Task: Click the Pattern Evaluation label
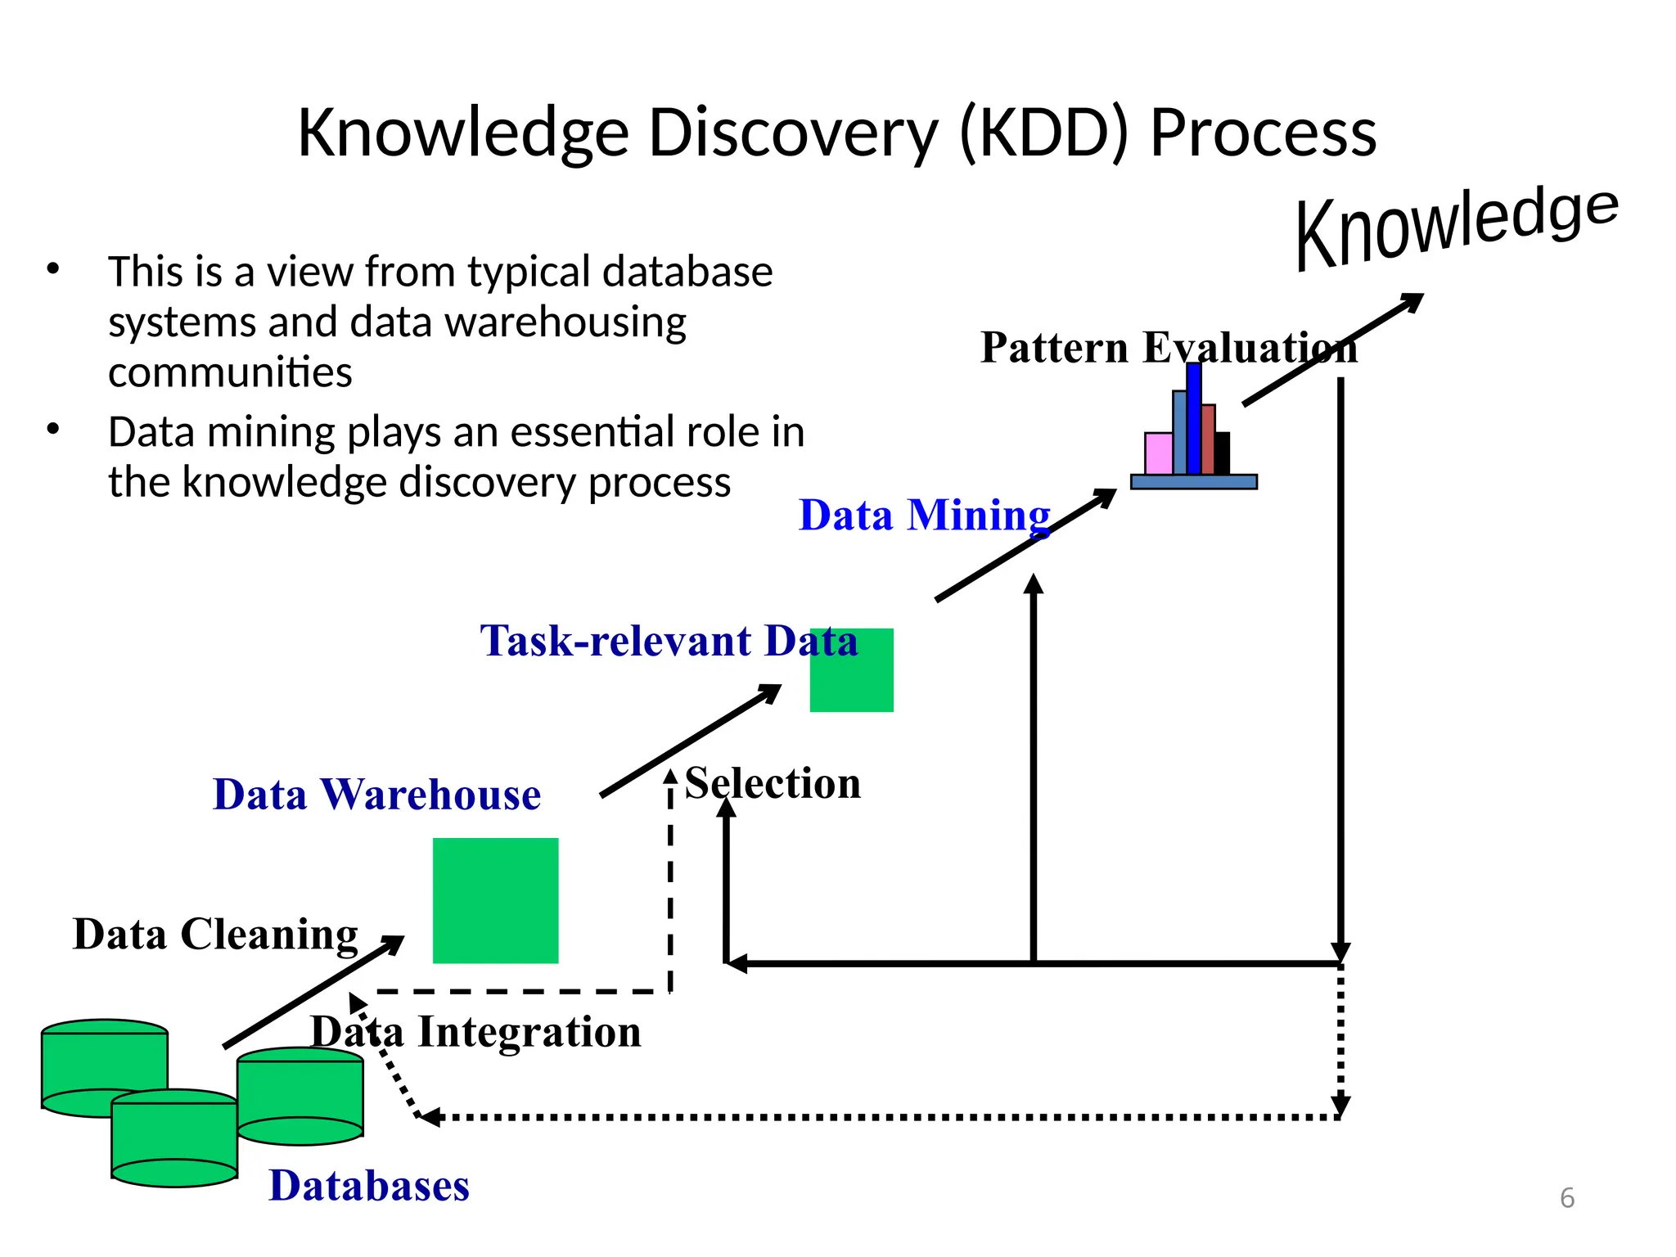tap(1168, 348)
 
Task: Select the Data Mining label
tap(924, 516)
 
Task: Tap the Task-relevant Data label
tap(669, 641)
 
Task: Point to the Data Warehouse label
tap(376, 795)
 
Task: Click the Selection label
tap(773, 783)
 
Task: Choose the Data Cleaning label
tap(215, 935)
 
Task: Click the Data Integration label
tap(475, 1032)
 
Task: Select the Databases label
tap(369, 1186)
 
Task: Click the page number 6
tap(1566, 1198)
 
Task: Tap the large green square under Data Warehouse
tap(495, 900)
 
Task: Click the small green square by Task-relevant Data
tap(851, 670)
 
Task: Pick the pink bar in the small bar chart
tap(1158, 453)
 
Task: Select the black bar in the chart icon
tap(1222, 453)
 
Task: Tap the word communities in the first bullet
tap(230, 372)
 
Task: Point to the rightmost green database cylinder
tap(300, 1096)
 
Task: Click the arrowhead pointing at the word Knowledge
tap(1412, 301)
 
